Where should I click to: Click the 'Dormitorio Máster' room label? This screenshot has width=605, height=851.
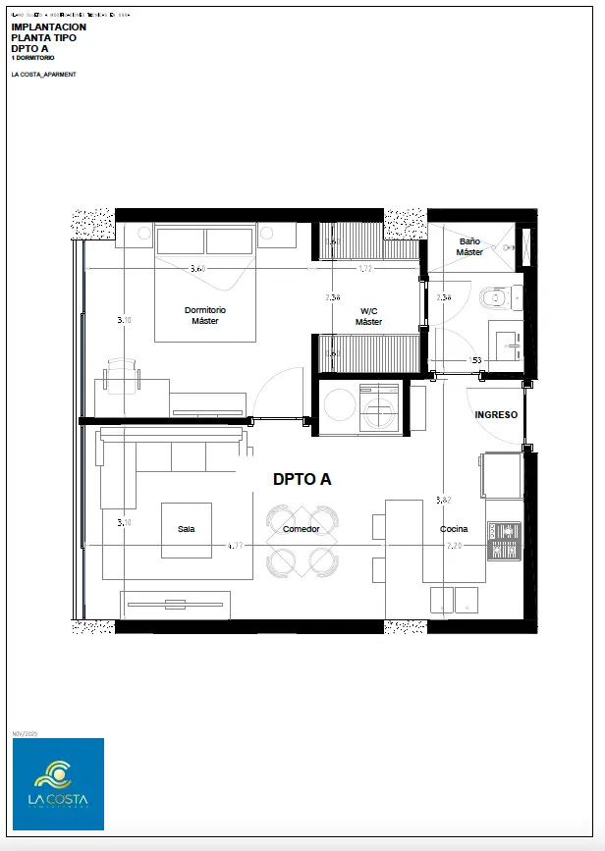coord(205,315)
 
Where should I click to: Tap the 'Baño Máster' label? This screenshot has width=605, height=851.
coord(469,246)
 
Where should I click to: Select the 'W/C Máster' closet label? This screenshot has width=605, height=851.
coord(368,316)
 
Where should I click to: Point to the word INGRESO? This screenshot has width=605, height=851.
coord(496,414)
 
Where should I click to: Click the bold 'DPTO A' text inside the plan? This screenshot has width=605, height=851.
coord(302,479)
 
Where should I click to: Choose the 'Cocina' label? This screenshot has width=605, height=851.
coord(454,529)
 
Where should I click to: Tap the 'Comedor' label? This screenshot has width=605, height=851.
coord(301,529)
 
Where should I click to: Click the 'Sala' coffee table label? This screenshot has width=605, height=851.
coord(186,529)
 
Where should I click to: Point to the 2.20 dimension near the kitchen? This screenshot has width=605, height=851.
coord(455,545)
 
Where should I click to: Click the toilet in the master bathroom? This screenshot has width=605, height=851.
coord(494,296)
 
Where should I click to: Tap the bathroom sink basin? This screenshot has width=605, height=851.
coord(508,344)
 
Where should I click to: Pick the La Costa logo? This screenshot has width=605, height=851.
coord(58,783)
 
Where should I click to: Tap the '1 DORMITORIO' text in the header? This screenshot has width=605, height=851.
coord(34,58)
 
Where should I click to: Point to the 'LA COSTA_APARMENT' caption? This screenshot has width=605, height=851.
coord(43,75)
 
